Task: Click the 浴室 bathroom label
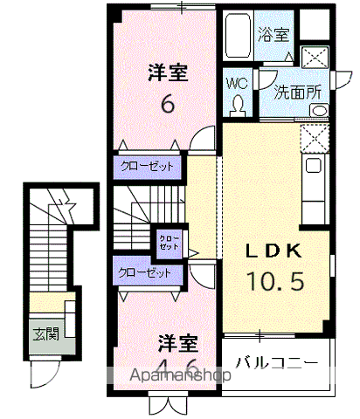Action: tap(273, 36)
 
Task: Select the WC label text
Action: tap(236, 84)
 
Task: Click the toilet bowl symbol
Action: tap(238, 105)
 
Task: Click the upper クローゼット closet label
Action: tap(148, 166)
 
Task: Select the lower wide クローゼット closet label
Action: tap(146, 272)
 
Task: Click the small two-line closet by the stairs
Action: tap(168, 242)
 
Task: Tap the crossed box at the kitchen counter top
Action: tap(313, 138)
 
